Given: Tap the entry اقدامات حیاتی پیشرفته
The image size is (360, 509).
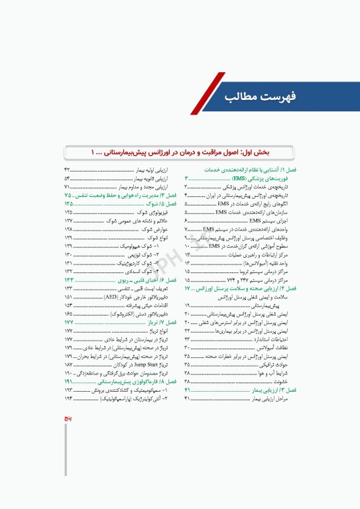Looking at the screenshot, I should click(142, 305).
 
